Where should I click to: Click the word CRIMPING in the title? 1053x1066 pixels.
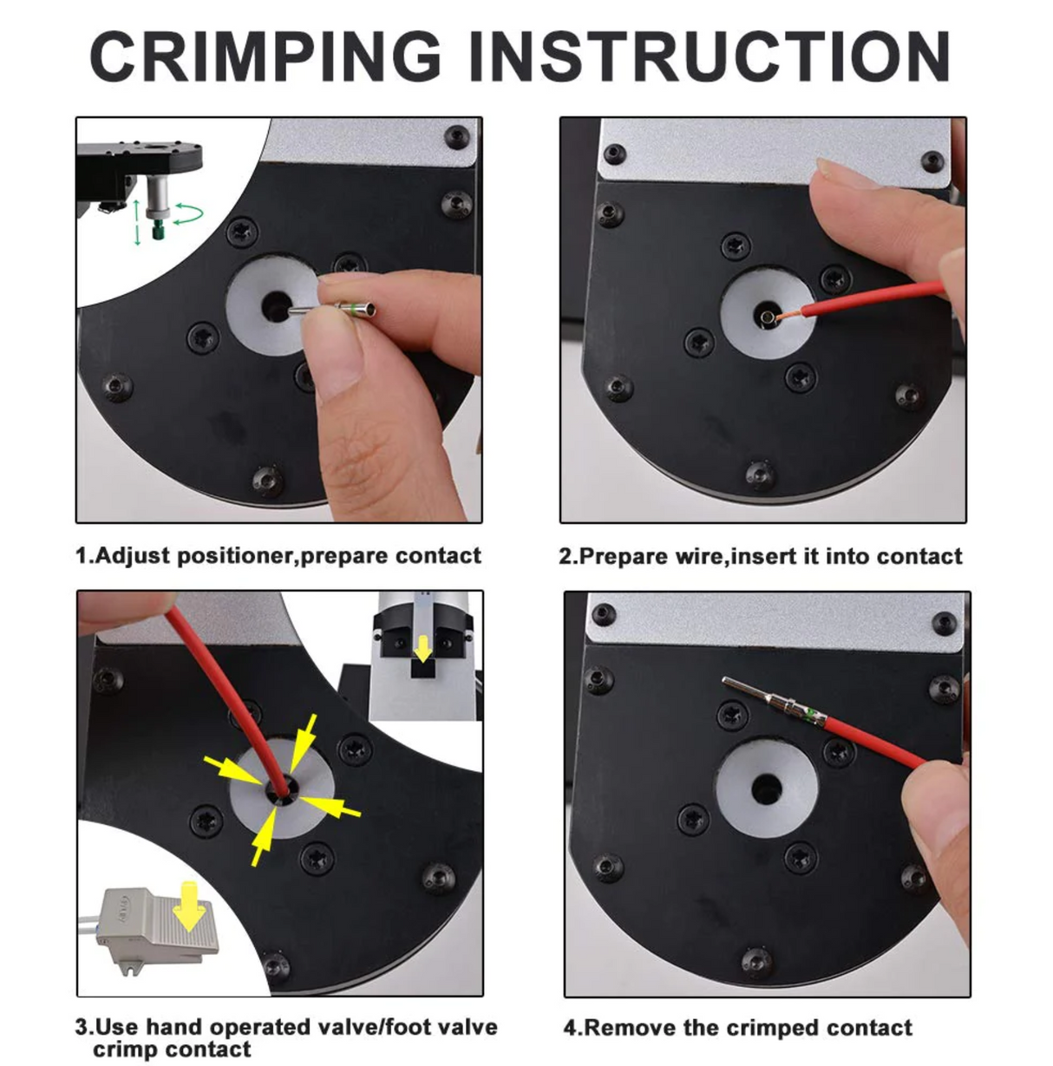click(x=265, y=57)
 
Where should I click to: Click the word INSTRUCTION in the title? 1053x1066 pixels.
click(x=710, y=57)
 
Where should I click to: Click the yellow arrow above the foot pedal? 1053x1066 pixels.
click(x=190, y=906)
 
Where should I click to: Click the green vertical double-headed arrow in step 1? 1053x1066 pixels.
click(x=136, y=221)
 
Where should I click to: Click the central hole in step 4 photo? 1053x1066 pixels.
click(x=766, y=788)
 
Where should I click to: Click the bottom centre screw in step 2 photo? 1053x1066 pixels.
click(x=760, y=473)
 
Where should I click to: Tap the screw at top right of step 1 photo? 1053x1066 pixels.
click(x=456, y=136)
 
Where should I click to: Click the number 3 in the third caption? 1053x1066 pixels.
click(x=82, y=1028)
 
